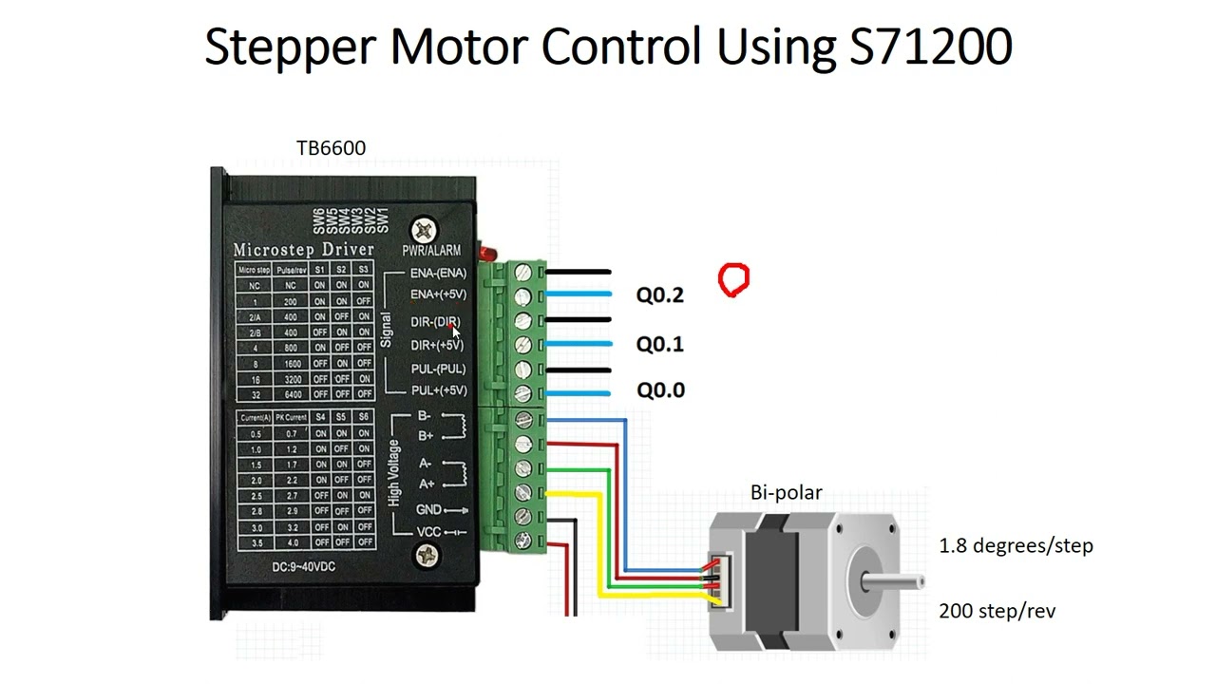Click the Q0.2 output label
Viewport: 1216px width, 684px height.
point(659,295)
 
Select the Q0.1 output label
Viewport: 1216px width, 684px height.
point(659,344)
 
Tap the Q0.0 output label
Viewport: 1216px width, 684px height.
point(659,390)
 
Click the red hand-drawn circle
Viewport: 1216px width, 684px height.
point(733,280)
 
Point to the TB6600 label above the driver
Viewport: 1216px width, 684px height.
point(331,148)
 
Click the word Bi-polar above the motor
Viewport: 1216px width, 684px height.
point(786,492)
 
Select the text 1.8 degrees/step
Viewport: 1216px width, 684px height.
point(1016,546)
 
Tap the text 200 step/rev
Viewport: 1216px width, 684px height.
point(997,611)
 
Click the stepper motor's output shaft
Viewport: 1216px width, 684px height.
point(898,579)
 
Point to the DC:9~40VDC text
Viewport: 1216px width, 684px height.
point(303,567)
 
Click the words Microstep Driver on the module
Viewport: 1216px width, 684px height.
point(304,250)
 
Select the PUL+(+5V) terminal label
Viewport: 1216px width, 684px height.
point(438,390)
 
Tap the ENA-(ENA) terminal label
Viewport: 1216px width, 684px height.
point(438,273)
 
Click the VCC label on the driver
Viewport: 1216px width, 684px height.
point(428,532)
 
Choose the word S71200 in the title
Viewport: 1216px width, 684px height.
point(931,46)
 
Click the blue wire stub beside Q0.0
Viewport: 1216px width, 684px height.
point(578,392)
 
